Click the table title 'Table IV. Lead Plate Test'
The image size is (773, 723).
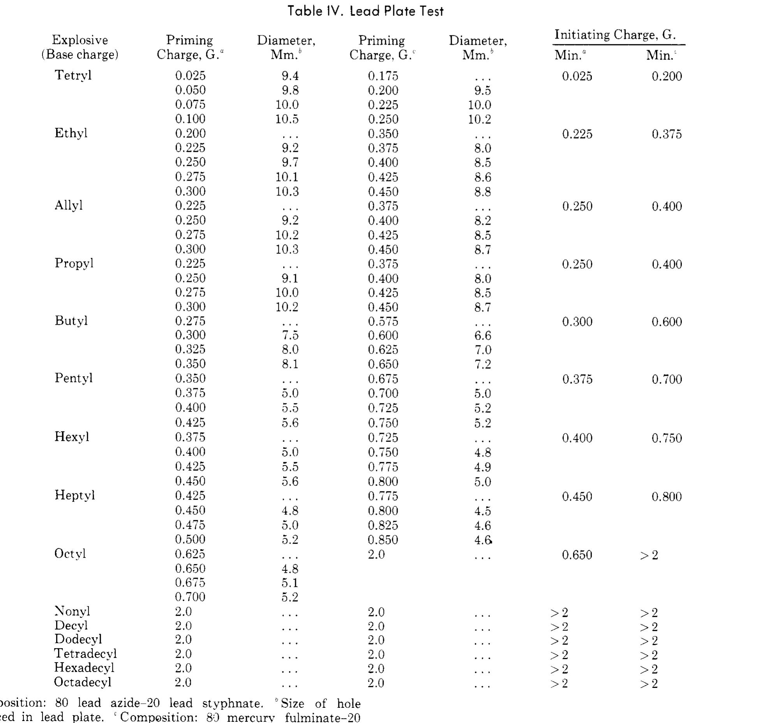[x=365, y=11]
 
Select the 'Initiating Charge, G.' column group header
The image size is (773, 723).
[x=615, y=35]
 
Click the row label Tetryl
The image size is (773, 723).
[x=73, y=75]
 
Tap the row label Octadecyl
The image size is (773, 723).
[x=83, y=682]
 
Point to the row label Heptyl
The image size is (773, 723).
[x=74, y=495]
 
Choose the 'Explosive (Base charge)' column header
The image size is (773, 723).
[x=80, y=47]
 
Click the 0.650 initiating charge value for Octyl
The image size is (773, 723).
[x=577, y=555]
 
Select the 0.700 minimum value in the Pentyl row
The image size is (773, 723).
[x=667, y=379]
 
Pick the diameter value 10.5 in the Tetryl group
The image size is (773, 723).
[x=287, y=119]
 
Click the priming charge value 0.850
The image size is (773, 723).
[x=383, y=540]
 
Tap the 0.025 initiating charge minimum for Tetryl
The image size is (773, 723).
[x=577, y=76]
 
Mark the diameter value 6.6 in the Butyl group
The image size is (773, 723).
[x=482, y=335]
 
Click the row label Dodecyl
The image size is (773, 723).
[x=78, y=639]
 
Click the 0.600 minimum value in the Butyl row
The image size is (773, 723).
[x=667, y=322]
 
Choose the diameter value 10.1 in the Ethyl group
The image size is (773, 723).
[x=287, y=177]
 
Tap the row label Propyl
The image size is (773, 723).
[x=74, y=263]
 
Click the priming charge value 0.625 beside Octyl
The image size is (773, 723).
[x=190, y=554]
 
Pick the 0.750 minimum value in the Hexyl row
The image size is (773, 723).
[x=667, y=438]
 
